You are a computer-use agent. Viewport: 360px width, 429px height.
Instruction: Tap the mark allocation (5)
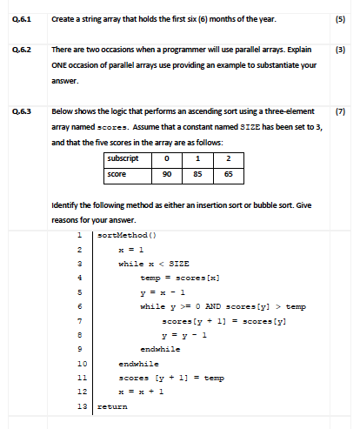[342, 18]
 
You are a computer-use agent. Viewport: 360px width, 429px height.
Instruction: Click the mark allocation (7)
[342, 111]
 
